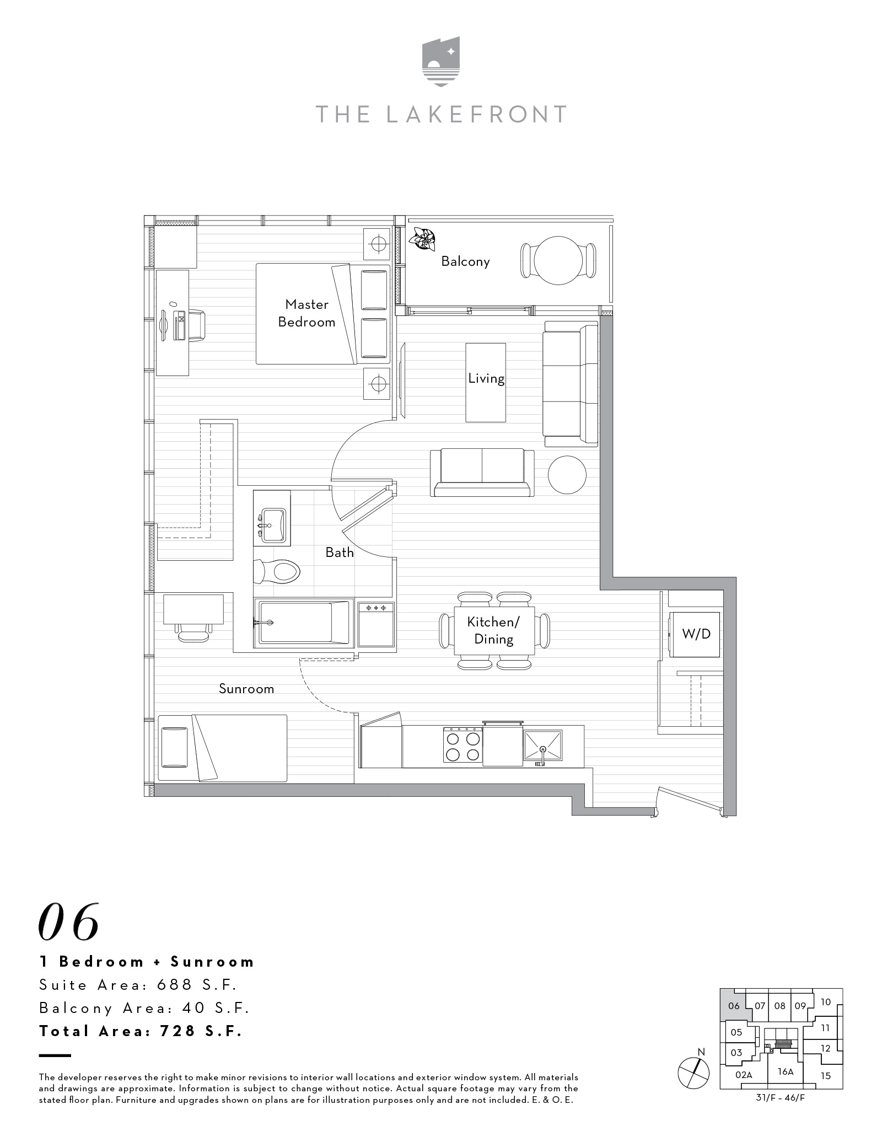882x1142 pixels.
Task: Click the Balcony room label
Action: [465, 261]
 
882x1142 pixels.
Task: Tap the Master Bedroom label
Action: [306, 313]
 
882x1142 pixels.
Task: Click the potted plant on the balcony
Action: [422, 239]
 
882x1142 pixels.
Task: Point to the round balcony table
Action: [558, 261]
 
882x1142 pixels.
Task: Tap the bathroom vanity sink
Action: [272, 526]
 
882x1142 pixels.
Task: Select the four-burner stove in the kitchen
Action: [463, 746]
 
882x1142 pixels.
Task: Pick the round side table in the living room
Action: [567, 475]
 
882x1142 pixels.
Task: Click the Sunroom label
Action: [246, 689]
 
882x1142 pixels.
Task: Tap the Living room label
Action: [486, 378]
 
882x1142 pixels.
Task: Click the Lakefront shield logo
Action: [441, 61]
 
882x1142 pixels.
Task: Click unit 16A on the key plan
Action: [786, 1071]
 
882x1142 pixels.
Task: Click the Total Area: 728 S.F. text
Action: [141, 1031]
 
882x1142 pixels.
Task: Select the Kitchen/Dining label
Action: [493, 630]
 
